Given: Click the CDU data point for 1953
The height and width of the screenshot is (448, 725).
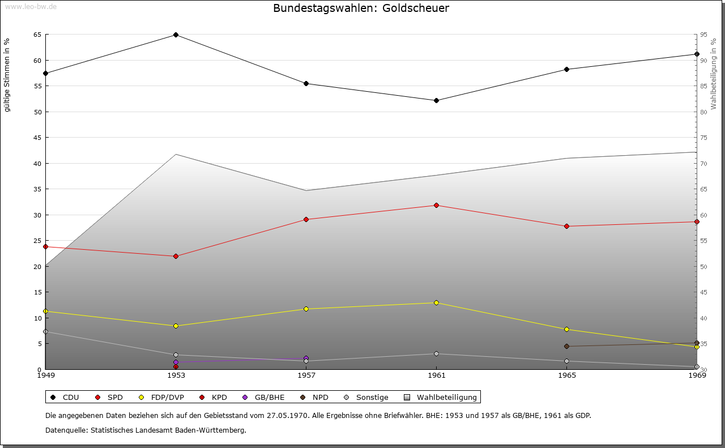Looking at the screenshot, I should tap(176, 35).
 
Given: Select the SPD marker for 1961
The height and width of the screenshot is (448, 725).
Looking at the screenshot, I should tap(436, 205).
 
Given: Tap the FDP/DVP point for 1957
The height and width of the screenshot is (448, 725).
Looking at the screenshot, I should tap(306, 309).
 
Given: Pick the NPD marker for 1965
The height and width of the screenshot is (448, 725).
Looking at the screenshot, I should tap(566, 346).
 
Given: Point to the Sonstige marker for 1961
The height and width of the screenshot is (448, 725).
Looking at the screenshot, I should tap(436, 353).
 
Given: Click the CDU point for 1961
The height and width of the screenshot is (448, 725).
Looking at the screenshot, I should tap(436, 100).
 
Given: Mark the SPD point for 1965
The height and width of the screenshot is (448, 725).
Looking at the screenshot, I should tap(566, 226).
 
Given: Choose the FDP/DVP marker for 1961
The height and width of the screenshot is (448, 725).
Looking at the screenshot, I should tap(436, 302).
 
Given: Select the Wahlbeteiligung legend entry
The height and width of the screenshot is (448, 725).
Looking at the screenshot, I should tap(441, 397).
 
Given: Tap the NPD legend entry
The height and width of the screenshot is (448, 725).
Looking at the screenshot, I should tap(314, 397).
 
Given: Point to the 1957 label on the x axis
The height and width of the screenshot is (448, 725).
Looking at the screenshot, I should tap(306, 375).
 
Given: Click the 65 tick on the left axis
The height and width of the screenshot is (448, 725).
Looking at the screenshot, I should tap(37, 35).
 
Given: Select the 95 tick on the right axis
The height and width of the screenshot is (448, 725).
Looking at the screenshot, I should tap(703, 35).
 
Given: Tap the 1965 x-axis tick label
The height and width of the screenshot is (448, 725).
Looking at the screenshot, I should tap(566, 375).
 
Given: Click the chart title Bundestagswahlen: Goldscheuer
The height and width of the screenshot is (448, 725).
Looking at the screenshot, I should tap(361, 8).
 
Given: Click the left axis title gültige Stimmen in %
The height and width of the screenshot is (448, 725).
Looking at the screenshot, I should tap(7, 75).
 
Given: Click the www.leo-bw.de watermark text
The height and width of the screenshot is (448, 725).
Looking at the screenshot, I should tap(31, 6).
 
